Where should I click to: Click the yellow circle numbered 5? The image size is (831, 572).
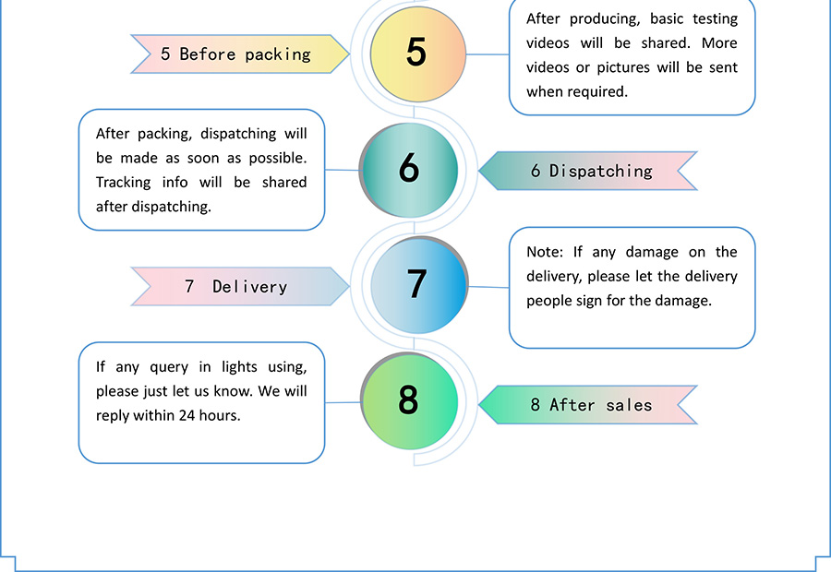[418, 54]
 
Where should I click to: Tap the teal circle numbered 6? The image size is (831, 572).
[409, 170]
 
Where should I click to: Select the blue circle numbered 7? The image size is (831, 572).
[419, 285]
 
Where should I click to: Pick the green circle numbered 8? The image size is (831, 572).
[409, 401]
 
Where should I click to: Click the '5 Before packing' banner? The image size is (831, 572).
[240, 54]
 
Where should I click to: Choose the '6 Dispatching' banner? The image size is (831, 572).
[588, 171]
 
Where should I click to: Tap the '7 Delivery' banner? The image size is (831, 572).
[240, 287]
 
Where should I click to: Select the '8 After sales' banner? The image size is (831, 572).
[588, 405]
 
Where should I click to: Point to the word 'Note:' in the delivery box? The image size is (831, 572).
[545, 252]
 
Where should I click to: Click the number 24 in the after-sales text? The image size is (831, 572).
[187, 415]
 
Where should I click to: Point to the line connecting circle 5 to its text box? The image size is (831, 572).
[488, 54]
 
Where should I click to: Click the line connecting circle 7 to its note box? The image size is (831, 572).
[488, 287]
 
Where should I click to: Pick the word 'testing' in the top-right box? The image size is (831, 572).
[715, 19]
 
